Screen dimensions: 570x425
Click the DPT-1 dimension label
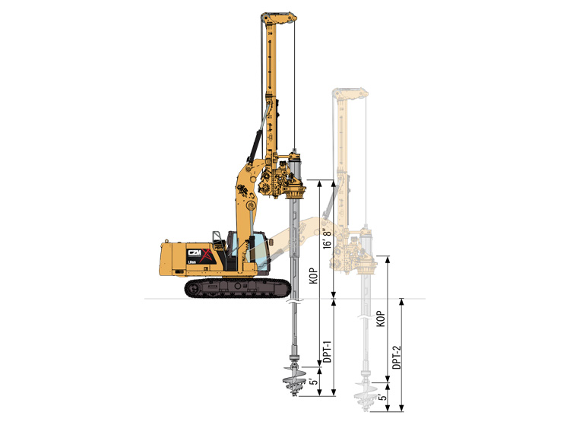click(327, 351)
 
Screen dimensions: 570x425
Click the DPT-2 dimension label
click(397, 357)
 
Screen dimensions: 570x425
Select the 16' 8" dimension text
click(328, 239)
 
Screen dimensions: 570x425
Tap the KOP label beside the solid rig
click(315, 276)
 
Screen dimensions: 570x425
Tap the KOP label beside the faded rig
click(381, 319)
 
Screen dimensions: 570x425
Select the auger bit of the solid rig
click(293, 381)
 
